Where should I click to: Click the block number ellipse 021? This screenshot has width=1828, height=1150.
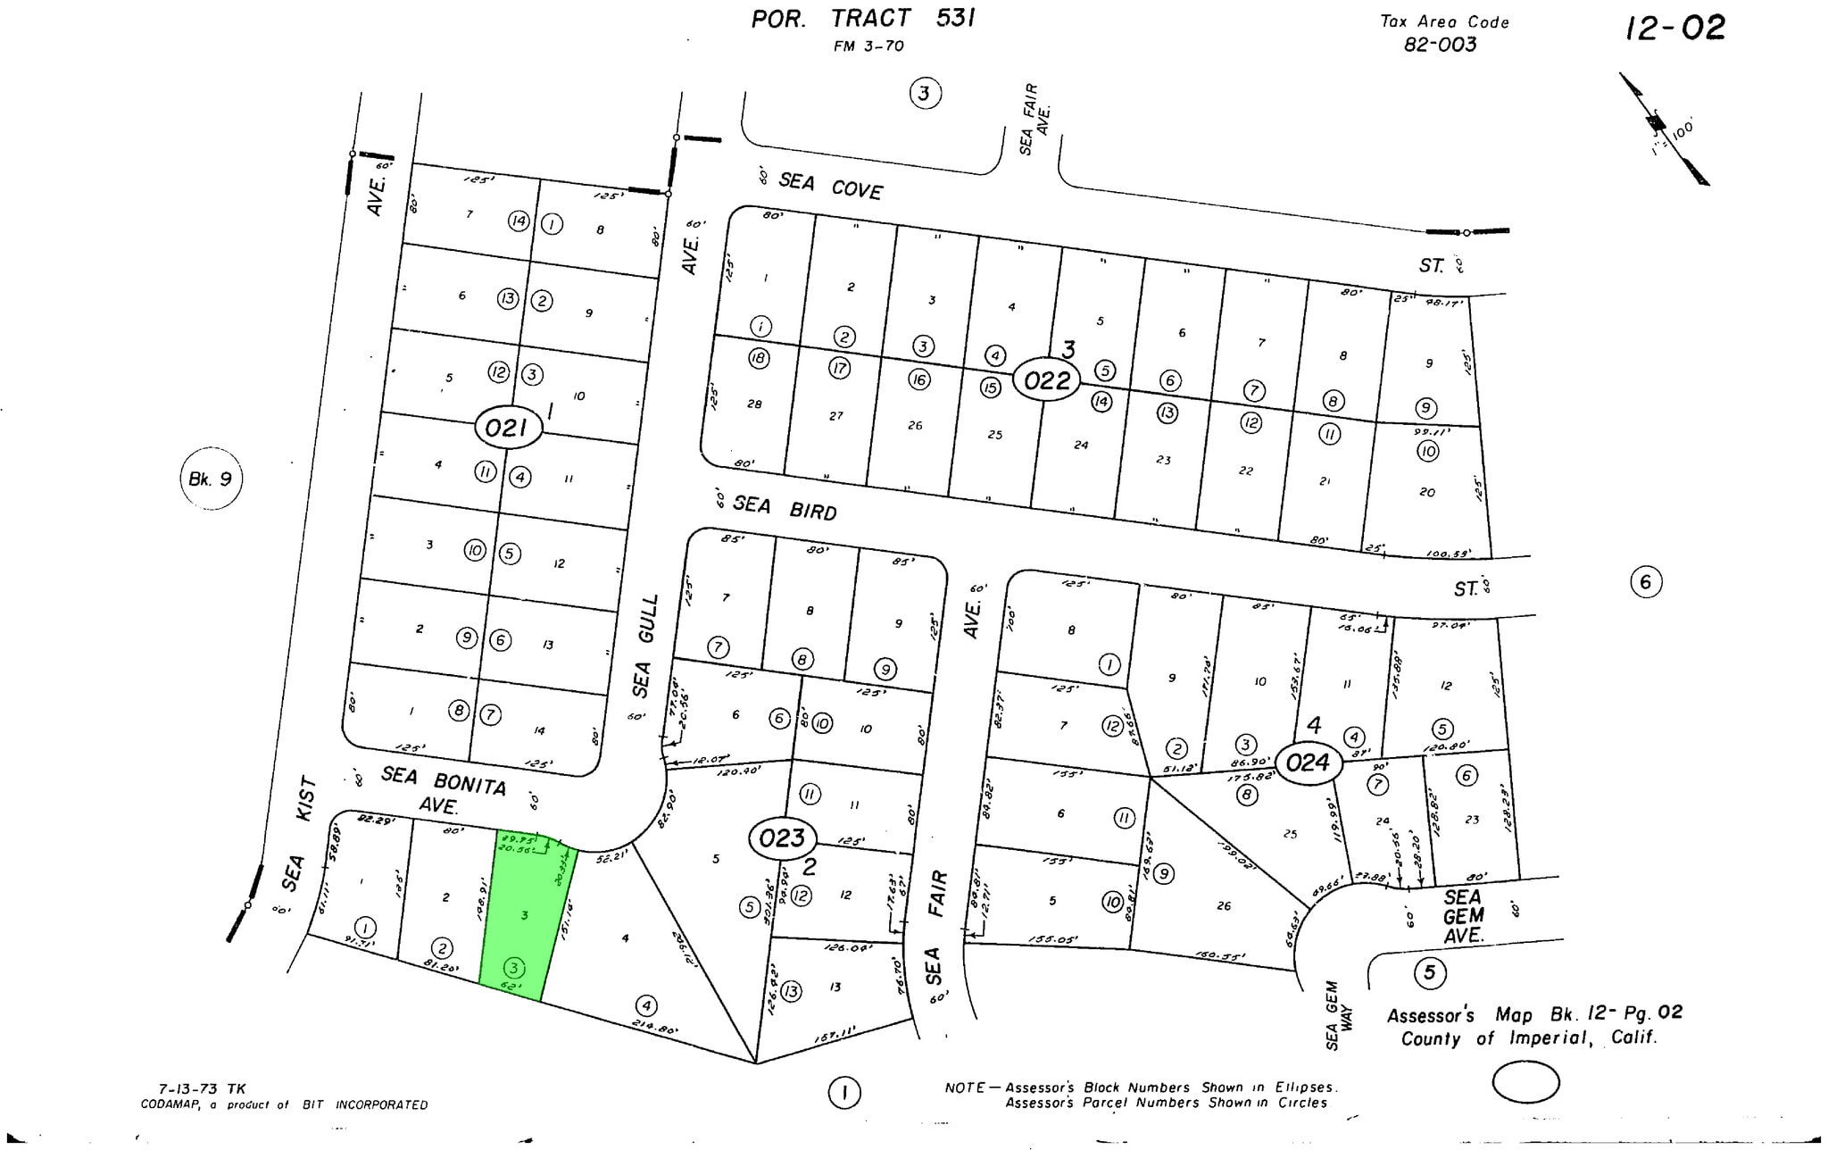(507, 428)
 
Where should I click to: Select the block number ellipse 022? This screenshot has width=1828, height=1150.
(1046, 381)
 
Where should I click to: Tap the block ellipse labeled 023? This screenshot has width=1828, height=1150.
(782, 837)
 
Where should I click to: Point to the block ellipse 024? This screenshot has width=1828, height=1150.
(1308, 762)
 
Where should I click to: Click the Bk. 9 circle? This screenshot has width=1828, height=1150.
(211, 479)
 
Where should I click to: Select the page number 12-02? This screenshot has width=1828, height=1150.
(1675, 29)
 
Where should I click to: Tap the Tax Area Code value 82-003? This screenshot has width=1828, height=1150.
(1440, 45)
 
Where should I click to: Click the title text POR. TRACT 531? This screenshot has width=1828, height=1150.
(862, 19)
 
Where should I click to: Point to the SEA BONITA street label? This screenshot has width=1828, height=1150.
(444, 781)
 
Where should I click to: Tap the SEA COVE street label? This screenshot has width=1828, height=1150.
(830, 186)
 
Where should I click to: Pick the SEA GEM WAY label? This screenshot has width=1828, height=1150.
(1338, 1015)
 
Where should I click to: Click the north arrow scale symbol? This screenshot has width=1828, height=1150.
(1665, 129)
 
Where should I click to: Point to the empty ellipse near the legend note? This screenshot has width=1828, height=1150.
(1525, 1083)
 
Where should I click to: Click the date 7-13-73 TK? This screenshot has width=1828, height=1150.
(202, 1088)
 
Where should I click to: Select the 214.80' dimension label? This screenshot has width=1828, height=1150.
(655, 1028)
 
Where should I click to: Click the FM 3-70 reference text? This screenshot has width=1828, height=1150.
(868, 46)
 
